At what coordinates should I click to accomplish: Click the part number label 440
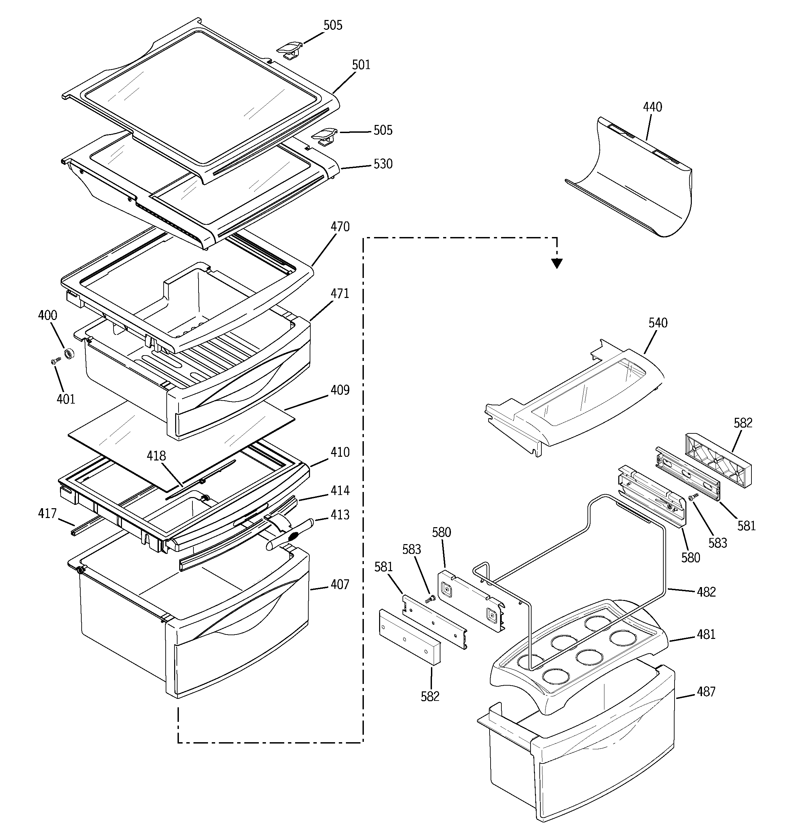(652, 107)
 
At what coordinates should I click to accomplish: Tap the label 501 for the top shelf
(361, 65)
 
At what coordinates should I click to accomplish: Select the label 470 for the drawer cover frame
(340, 227)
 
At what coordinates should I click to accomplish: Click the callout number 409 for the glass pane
(340, 390)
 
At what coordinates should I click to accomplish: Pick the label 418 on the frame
(156, 456)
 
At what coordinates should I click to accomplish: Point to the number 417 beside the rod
(47, 513)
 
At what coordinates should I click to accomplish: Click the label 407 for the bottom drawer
(340, 585)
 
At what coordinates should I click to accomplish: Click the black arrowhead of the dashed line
(557, 264)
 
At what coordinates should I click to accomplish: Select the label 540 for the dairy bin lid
(658, 323)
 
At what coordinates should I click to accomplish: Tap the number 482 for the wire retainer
(706, 592)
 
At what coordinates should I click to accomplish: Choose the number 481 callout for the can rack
(706, 635)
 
